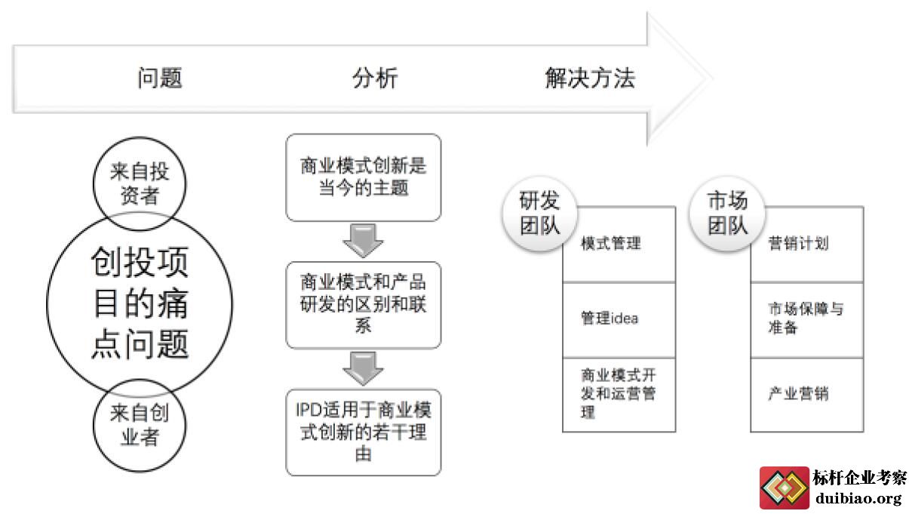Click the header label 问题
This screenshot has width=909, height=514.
point(160,78)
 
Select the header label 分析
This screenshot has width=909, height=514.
point(375,78)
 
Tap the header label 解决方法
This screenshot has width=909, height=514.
point(590,78)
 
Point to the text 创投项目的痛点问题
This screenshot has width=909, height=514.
point(140,303)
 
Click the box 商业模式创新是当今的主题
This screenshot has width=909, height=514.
point(363,177)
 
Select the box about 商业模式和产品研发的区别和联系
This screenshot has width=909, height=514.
point(363,305)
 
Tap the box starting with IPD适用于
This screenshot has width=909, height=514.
point(363,432)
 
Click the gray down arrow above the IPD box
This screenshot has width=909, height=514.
point(363,368)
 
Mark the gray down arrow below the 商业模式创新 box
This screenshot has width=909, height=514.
point(363,240)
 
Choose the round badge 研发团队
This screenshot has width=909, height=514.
point(539,213)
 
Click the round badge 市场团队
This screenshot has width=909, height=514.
point(727,213)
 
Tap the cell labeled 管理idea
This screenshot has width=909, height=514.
point(619,320)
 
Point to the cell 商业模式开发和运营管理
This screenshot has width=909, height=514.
point(619,395)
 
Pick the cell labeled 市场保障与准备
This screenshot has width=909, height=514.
point(806,320)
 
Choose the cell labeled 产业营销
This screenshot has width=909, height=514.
point(806,395)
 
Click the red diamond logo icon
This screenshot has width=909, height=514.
point(785,488)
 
